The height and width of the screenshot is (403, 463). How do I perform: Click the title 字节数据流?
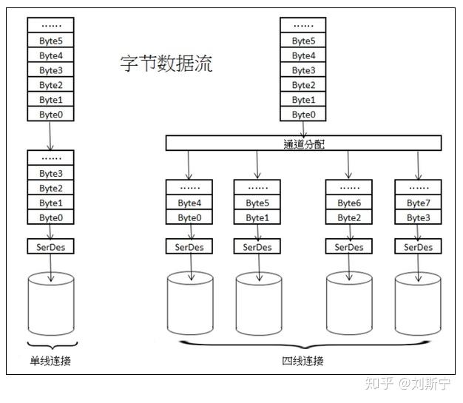pos(166,64)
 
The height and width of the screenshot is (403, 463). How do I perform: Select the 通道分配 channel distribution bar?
pos(303,143)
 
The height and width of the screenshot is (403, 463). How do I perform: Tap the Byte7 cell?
pos(418,203)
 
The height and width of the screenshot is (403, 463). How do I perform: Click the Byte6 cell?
pos(349,203)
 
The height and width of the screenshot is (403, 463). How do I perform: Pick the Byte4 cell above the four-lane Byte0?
pos(189,203)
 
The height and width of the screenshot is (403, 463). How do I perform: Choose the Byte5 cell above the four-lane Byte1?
pos(257,203)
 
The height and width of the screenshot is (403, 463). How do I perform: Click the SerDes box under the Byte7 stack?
pos(418,247)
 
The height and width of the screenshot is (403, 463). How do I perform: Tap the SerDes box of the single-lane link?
pos(51,247)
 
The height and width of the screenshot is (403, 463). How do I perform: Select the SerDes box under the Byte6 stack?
pos(349,247)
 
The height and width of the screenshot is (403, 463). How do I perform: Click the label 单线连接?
pos(50,361)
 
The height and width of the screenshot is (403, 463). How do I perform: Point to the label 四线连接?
pos(303,361)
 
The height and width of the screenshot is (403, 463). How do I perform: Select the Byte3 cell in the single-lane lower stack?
pos(51,174)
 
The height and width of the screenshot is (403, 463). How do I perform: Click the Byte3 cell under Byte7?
pos(418,218)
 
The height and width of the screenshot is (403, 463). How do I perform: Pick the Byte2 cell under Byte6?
pos(349,218)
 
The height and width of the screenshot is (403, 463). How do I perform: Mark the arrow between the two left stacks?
pos(50,136)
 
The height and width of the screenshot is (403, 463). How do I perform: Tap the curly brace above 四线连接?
pos(303,345)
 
